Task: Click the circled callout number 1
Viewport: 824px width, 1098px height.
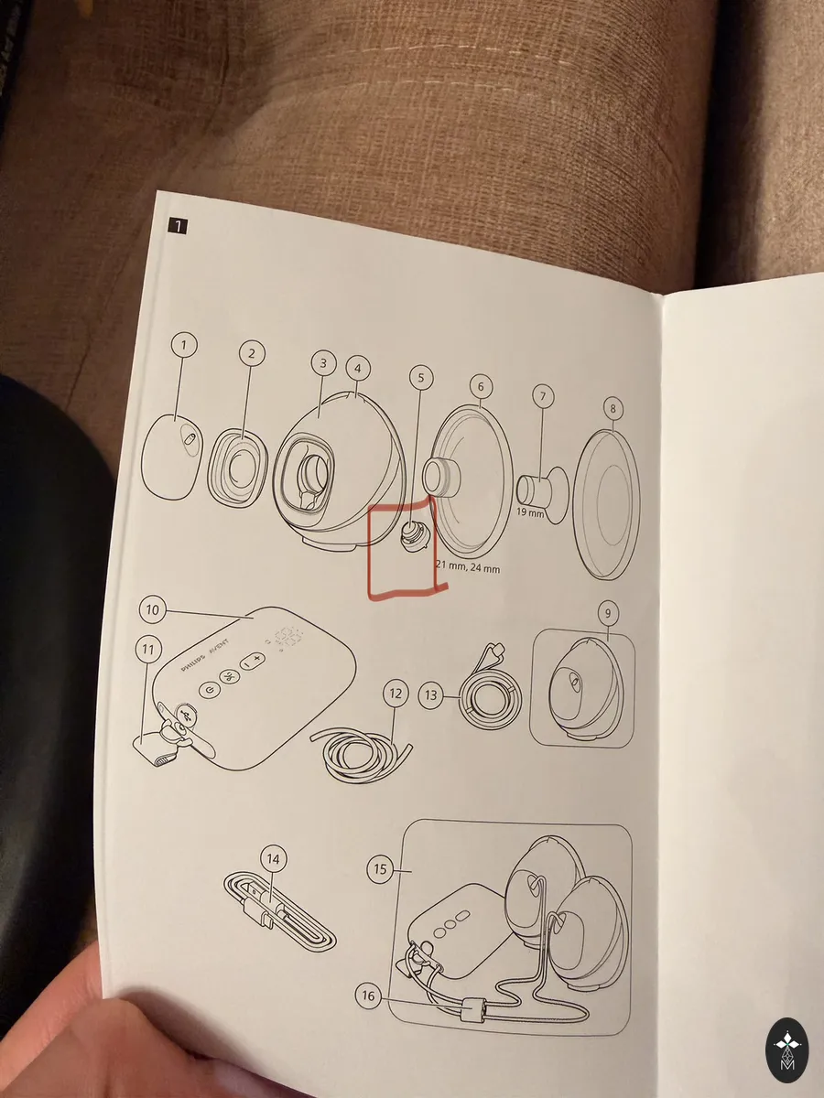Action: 184,345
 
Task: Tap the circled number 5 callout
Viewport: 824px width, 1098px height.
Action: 421,378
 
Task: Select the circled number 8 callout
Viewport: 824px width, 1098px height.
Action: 613,409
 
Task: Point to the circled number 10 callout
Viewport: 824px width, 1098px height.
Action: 153,609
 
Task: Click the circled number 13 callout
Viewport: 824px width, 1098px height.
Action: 431,694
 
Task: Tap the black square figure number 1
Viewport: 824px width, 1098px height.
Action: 178,227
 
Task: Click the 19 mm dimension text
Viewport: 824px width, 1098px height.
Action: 530,511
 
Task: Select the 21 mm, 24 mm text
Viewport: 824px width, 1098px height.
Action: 468,566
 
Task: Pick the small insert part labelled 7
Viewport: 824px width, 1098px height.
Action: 542,495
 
